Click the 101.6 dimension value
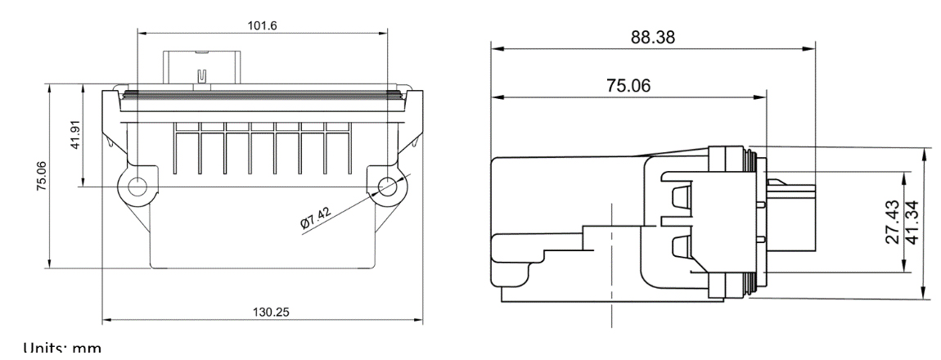coord(262,25)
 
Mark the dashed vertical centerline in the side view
coord(611,262)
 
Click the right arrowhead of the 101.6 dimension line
coord(382,34)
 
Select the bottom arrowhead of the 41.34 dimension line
coord(925,295)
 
